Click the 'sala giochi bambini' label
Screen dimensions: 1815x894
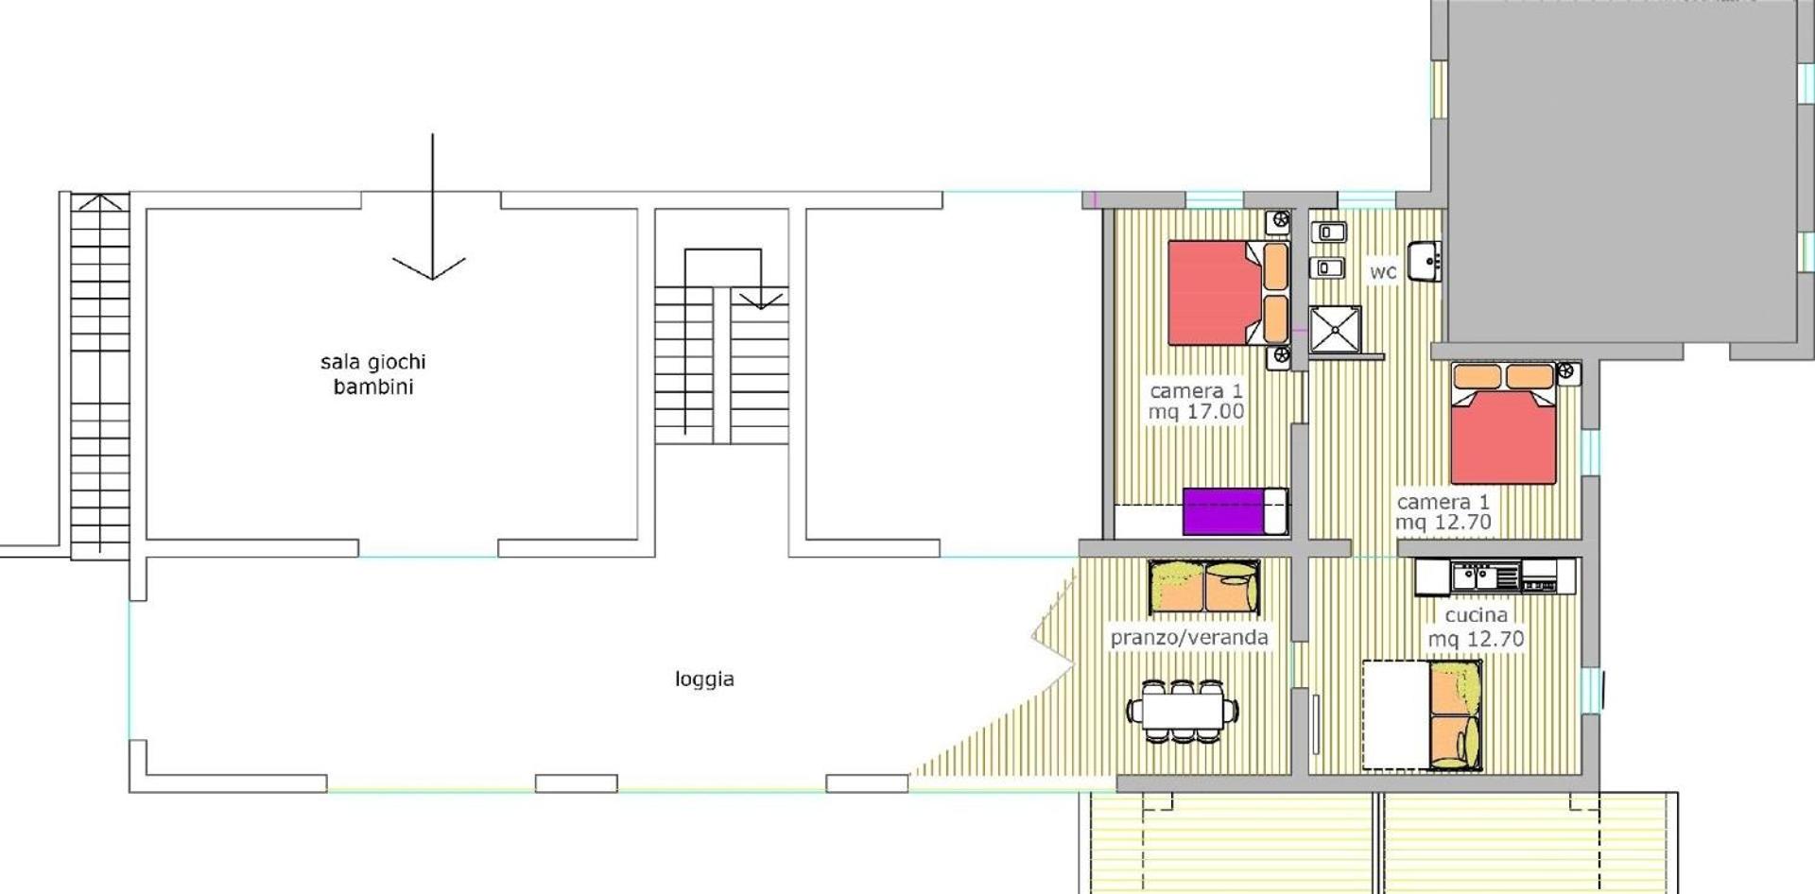point(373,374)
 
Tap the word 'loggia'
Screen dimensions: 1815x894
point(704,679)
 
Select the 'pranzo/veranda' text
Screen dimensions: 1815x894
point(1189,638)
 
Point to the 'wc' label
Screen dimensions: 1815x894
point(1383,271)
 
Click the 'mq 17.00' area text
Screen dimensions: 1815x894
point(1196,412)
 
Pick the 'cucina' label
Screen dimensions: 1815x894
point(1477,615)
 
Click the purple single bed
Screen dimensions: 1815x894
point(1235,511)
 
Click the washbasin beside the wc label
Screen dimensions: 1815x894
point(1423,262)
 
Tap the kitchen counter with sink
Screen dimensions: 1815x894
point(1495,576)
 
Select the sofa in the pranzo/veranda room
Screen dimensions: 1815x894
point(1205,586)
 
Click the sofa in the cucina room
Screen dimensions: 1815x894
point(1455,715)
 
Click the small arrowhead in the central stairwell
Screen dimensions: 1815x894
point(760,301)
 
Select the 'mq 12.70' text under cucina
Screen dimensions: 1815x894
point(1476,639)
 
